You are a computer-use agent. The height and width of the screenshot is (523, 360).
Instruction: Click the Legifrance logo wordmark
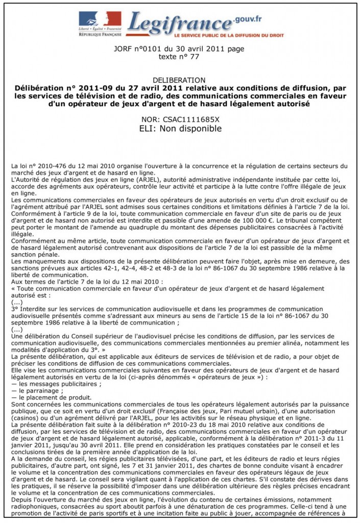tap(179, 23)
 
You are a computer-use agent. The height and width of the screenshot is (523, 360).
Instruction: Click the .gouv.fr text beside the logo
tap(249, 19)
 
